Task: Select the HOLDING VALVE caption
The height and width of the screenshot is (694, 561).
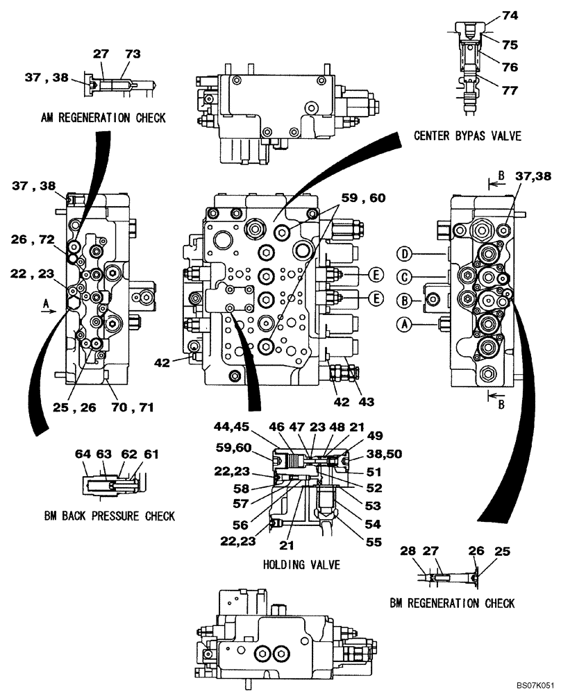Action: (301, 564)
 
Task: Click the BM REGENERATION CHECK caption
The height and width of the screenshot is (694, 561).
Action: (452, 603)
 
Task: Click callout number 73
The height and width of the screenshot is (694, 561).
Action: (132, 53)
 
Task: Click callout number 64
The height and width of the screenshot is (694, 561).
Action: (84, 454)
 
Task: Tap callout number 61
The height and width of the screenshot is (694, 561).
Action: (152, 454)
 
